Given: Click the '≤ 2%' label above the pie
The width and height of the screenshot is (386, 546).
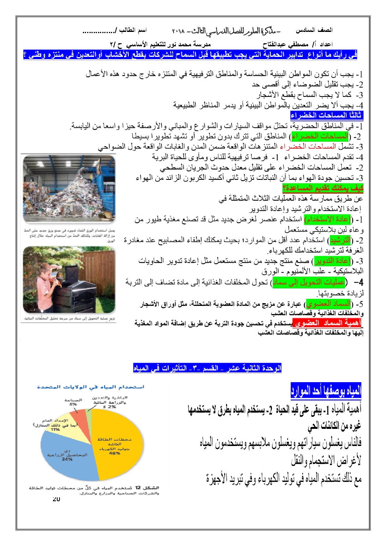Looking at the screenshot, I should tap(110, 407).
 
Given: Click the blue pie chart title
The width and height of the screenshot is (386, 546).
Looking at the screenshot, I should tap(91, 387).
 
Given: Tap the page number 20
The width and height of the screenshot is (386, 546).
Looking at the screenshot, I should tap(56, 499).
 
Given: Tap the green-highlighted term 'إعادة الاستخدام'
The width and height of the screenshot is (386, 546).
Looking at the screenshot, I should tap(328, 219).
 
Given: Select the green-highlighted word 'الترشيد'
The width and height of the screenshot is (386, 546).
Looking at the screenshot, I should tap(340, 240).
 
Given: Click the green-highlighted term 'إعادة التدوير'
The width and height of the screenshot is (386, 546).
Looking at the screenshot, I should tap(333, 260).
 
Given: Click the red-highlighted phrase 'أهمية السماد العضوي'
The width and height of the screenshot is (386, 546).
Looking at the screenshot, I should tap(327, 323).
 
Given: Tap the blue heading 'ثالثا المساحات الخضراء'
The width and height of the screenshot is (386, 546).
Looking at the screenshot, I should tap(326, 115).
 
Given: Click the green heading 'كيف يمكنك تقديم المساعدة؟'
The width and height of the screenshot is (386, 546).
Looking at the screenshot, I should tap(323, 188).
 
